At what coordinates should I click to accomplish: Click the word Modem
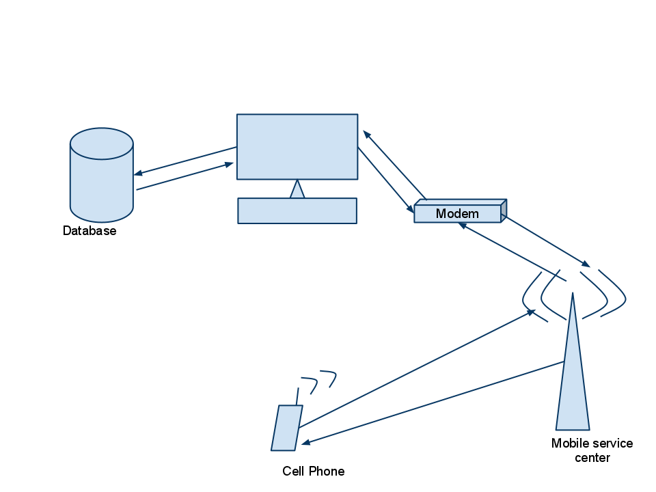(457, 214)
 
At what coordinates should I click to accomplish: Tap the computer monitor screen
(297, 146)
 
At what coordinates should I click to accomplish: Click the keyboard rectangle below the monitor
(297, 210)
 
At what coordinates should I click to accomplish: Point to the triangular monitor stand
(297, 191)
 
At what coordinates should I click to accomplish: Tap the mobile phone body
(287, 428)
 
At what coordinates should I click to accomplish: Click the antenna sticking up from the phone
(297, 396)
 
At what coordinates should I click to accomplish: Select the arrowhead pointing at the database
(137, 174)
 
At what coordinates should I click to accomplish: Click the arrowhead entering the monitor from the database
(230, 164)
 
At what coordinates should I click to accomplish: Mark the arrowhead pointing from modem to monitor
(366, 134)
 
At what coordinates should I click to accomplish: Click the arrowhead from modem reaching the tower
(586, 264)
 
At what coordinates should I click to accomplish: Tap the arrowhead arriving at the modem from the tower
(463, 225)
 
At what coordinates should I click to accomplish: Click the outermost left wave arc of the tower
(527, 295)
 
